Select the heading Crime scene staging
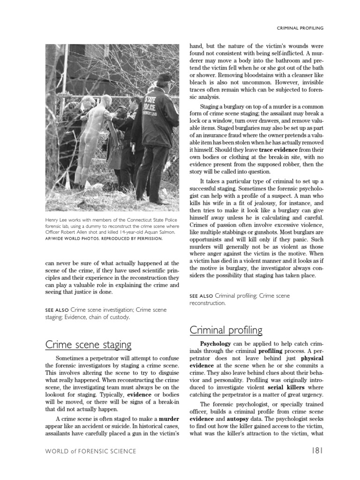tap(88, 345)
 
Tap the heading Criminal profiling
tap(226, 330)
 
